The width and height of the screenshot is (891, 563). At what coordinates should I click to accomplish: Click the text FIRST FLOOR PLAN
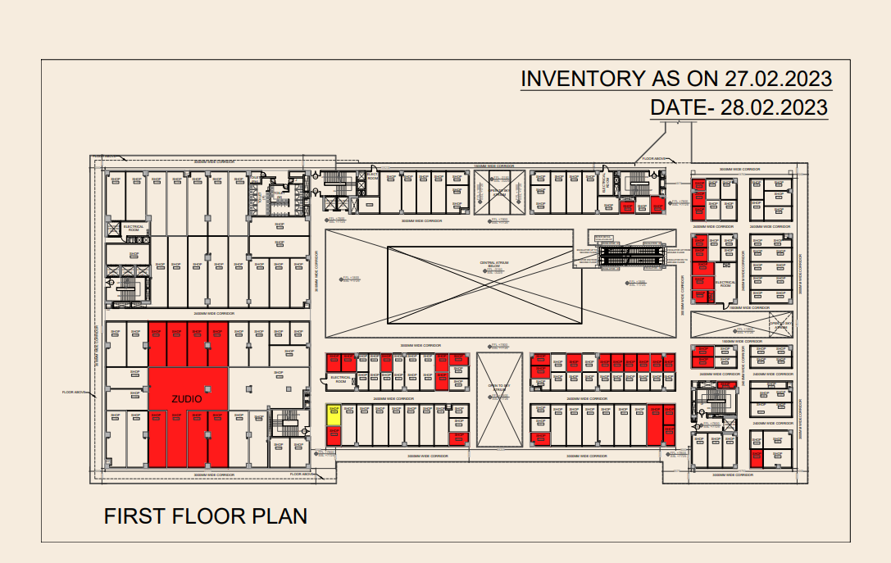(x=205, y=516)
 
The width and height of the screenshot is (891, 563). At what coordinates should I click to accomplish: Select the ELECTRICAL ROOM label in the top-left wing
(x=133, y=229)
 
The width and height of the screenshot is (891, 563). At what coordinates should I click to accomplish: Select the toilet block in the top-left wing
(x=270, y=197)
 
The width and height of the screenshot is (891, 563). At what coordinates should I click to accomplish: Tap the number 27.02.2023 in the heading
(x=778, y=79)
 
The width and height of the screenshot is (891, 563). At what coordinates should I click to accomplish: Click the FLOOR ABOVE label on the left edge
(x=74, y=393)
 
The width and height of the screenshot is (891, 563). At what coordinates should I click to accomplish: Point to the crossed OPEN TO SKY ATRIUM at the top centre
(x=498, y=193)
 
